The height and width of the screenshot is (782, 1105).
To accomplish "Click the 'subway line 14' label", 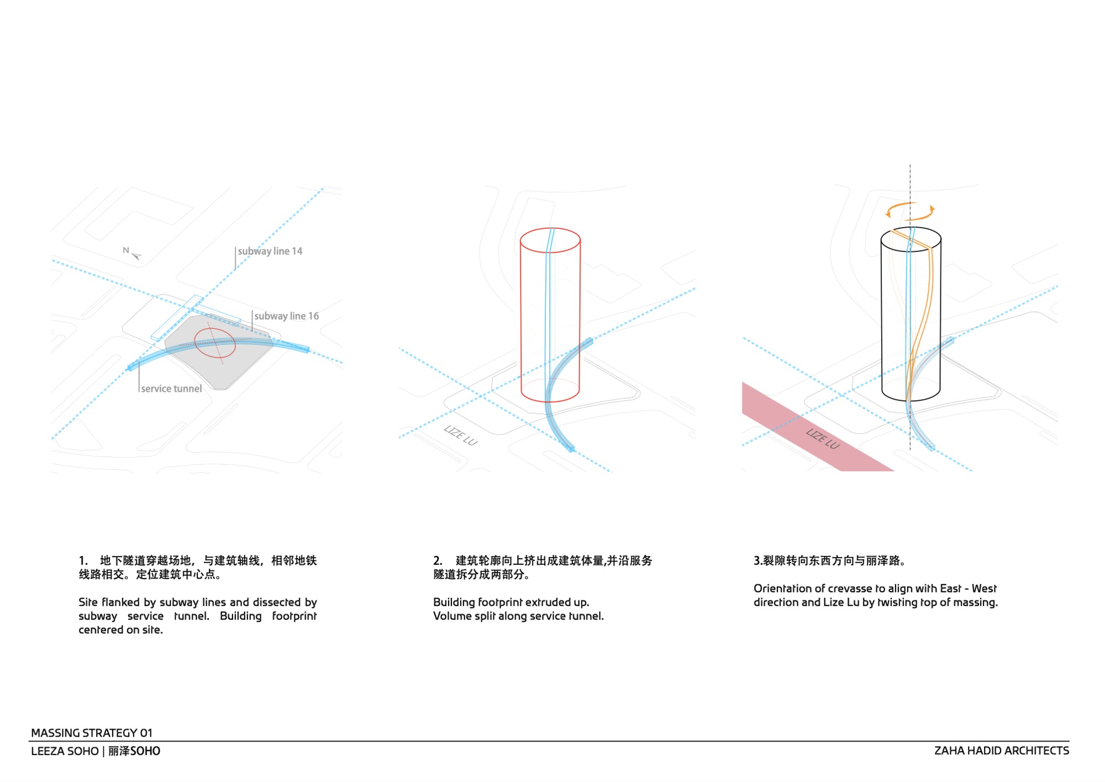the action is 270,251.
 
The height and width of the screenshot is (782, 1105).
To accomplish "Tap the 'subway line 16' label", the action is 286,316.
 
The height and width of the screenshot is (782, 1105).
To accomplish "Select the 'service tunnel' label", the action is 171,389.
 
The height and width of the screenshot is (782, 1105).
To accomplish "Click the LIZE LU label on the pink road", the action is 823,438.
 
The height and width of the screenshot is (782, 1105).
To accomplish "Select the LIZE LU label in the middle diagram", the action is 461,435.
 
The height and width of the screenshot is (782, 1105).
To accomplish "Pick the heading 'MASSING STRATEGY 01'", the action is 92,733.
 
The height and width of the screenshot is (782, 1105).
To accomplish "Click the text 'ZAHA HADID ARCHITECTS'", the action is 1002,750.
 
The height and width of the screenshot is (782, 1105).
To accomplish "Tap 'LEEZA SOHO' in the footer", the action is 65,751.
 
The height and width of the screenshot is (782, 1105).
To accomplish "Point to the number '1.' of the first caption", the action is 83,560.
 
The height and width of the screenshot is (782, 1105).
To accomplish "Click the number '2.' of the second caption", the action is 438,560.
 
